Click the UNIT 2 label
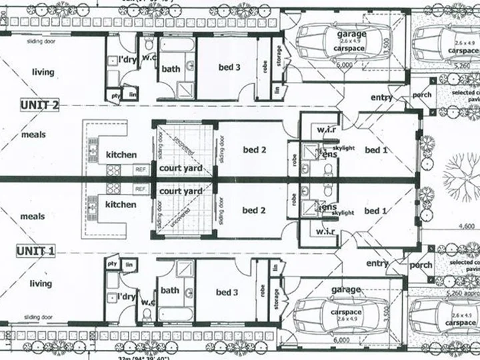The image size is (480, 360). pos(39,105)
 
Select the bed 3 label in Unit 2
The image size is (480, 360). pos(229,67)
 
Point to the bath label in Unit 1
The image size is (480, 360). pos(170,290)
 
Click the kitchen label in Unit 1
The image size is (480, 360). pos(121,205)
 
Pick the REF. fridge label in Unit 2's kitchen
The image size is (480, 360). pos(141,169)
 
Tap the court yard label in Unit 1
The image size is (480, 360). pos(181,191)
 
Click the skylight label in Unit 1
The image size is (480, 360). pos(343,212)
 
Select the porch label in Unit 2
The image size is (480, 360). pos(421,95)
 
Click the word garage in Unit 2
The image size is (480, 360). pos(351,33)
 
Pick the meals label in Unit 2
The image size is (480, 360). pos(33,135)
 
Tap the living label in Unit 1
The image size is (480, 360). pos(40,283)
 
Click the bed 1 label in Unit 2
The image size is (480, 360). pos(376,150)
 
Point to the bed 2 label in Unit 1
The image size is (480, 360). pos(254,211)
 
